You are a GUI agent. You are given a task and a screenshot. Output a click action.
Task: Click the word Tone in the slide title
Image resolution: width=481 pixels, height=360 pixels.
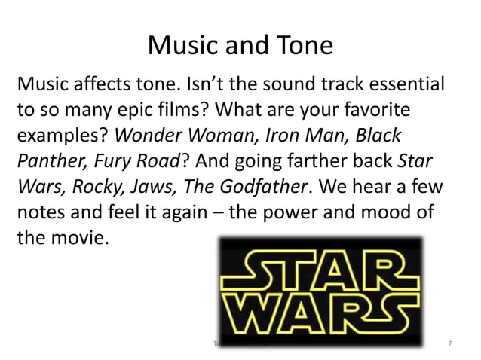pyautogui.click(x=299, y=46)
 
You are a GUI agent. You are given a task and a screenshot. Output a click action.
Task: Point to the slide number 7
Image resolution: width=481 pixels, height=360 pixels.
pyautogui.click(x=450, y=343)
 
